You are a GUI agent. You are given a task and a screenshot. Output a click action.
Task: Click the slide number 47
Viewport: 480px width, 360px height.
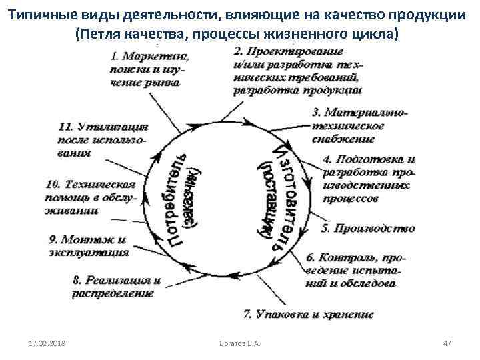[x=447, y=343]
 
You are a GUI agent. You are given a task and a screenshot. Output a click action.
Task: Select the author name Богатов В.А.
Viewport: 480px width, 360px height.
[x=239, y=343]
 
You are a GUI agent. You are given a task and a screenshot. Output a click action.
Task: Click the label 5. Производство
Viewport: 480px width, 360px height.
[x=368, y=228]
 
